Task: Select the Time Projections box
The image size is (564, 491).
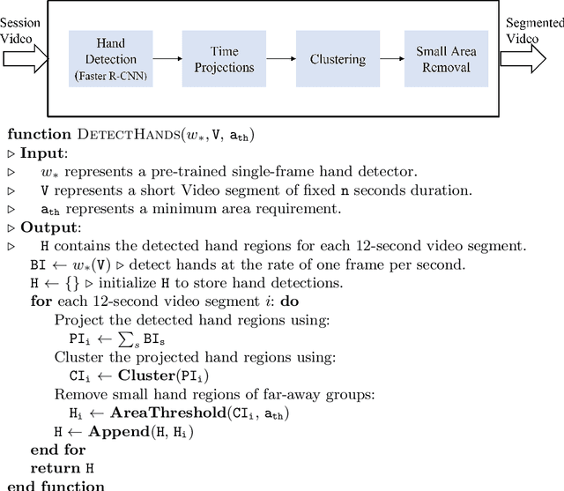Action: point(224,58)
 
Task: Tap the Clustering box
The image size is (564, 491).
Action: point(338,58)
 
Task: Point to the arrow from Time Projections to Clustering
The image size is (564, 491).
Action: point(280,58)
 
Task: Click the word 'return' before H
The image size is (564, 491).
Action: point(56,468)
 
